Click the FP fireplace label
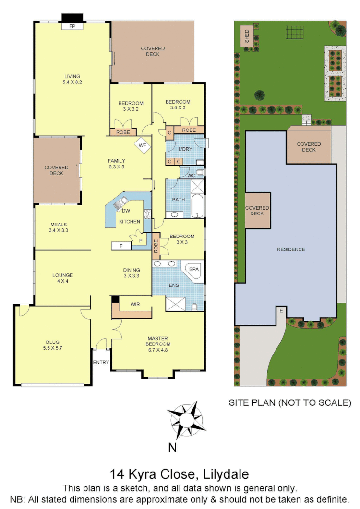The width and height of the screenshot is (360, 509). point(72,26)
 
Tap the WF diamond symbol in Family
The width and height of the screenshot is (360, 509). point(142,145)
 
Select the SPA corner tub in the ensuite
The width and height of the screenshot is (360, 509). point(194,270)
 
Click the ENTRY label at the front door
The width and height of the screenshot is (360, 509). point(101,362)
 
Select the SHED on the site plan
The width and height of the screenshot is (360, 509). point(247,36)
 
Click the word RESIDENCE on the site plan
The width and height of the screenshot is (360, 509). point(291,249)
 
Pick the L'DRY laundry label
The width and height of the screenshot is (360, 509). point(185,149)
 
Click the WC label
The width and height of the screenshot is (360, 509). point(191,175)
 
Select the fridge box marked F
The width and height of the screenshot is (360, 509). point(120,246)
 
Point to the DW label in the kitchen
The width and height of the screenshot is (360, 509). point(126,211)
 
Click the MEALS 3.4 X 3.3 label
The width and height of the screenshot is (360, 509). point(58,227)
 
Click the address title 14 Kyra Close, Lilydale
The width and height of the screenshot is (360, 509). point(180,475)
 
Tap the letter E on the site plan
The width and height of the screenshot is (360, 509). point(281,311)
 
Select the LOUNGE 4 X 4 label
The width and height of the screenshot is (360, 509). point(62,278)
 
